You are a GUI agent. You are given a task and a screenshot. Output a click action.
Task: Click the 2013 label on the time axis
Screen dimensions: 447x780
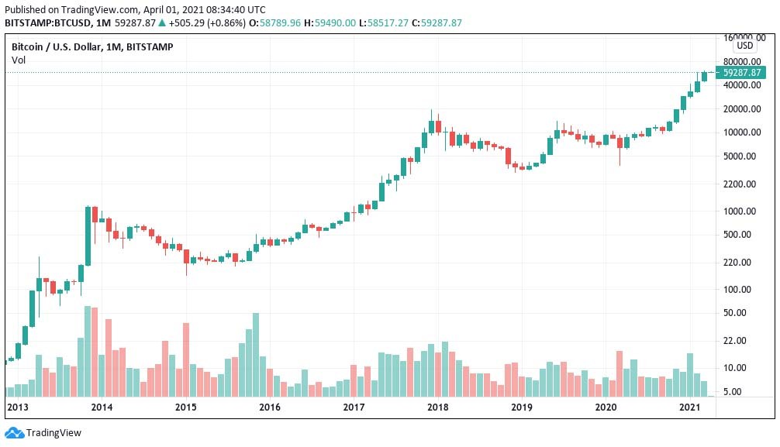18,407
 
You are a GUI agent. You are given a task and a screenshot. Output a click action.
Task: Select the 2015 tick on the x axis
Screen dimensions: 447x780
185,407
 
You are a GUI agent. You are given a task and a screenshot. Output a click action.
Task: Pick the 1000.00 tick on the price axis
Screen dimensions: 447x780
742,211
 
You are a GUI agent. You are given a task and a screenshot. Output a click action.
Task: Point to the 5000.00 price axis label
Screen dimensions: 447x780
742,156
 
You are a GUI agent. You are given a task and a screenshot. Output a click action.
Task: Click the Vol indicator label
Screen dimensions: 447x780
19,60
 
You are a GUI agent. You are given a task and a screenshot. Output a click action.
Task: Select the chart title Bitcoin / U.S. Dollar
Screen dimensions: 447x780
65,47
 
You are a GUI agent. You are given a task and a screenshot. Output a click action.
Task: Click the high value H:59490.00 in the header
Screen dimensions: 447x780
330,22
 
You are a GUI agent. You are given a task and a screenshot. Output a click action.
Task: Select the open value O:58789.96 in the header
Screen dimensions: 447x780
274,22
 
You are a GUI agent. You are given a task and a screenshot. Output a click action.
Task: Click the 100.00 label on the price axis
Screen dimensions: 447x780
744,289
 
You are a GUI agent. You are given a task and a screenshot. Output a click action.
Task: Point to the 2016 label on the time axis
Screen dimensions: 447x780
269,407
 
